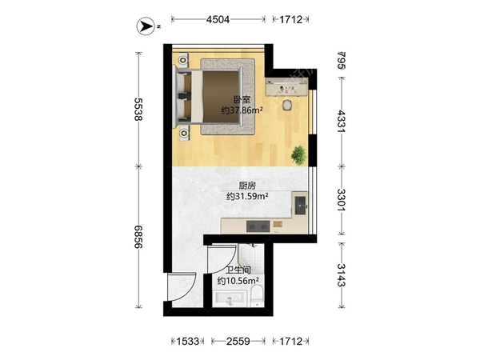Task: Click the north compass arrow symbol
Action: click(146, 26)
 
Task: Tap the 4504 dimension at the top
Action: click(218, 19)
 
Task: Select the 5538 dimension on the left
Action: click(138, 110)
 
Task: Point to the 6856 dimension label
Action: click(138, 237)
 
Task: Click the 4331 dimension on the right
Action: click(342, 122)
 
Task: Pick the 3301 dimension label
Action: click(342, 199)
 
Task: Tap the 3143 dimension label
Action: click(342, 275)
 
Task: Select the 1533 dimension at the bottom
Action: click(187, 341)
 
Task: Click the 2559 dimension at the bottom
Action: click(238, 341)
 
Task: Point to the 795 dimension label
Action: click(342, 60)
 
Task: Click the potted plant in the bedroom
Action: click(298, 155)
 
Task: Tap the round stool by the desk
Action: click(287, 105)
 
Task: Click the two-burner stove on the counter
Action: click(258, 226)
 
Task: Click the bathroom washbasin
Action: click(230, 298)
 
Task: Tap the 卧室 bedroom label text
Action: click(242, 100)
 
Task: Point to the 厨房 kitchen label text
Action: click(247, 186)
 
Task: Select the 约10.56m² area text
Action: click(238, 281)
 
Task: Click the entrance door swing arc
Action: click(189, 291)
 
